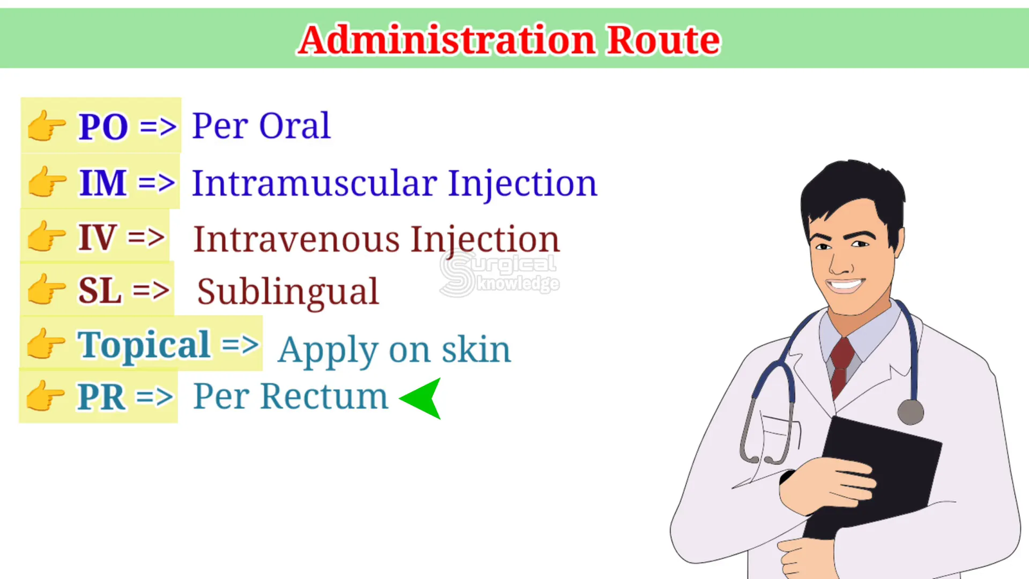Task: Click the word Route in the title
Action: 663,41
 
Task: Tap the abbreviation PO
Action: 103,126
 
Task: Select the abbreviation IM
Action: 102,183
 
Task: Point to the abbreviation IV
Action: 96,237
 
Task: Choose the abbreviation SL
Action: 100,291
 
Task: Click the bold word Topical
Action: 143,345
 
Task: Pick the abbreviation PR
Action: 100,396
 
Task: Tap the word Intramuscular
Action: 314,183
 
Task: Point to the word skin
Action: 476,349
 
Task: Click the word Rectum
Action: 324,396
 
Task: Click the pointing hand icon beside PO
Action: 46,125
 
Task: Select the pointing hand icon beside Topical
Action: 46,344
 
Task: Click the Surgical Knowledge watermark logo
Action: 499,274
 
